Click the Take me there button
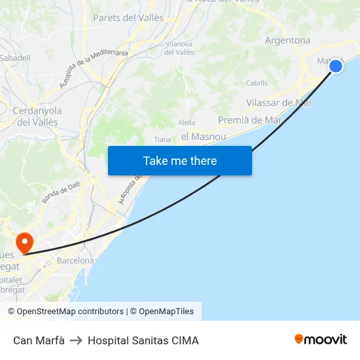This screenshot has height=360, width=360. (180, 160)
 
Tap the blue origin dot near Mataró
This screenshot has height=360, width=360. (336, 65)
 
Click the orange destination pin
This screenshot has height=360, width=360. (25, 243)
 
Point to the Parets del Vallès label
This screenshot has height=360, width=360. (128, 18)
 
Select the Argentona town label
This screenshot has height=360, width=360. (287, 41)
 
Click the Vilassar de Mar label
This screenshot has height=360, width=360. (279, 103)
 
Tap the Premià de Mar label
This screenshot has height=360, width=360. (249, 120)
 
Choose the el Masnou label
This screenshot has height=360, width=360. (203, 137)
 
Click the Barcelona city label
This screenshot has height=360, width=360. (75, 261)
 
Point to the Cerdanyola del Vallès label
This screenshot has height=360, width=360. (37, 117)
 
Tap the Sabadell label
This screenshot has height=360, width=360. (15, 58)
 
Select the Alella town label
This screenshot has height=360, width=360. (187, 122)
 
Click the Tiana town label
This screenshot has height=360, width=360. (162, 139)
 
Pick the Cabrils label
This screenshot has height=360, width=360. (257, 83)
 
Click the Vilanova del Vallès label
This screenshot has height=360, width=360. (179, 48)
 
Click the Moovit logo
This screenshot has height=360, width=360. (320, 339)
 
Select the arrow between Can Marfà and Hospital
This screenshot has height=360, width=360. (76, 340)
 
